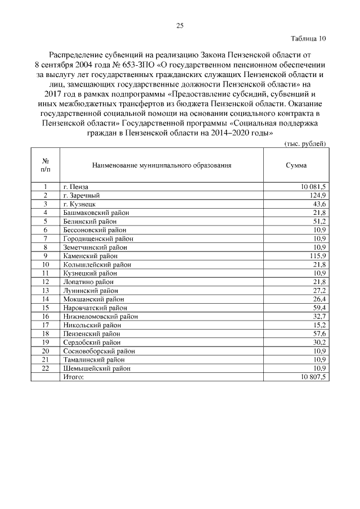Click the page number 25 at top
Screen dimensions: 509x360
point(180,25)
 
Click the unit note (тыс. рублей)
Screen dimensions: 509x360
point(304,144)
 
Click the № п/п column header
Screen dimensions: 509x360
point(45,164)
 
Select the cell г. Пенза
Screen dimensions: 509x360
point(76,186)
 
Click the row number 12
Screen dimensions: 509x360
point(46,281)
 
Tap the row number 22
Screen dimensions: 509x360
point(46,368)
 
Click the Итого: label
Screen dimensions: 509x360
point(73,377)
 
